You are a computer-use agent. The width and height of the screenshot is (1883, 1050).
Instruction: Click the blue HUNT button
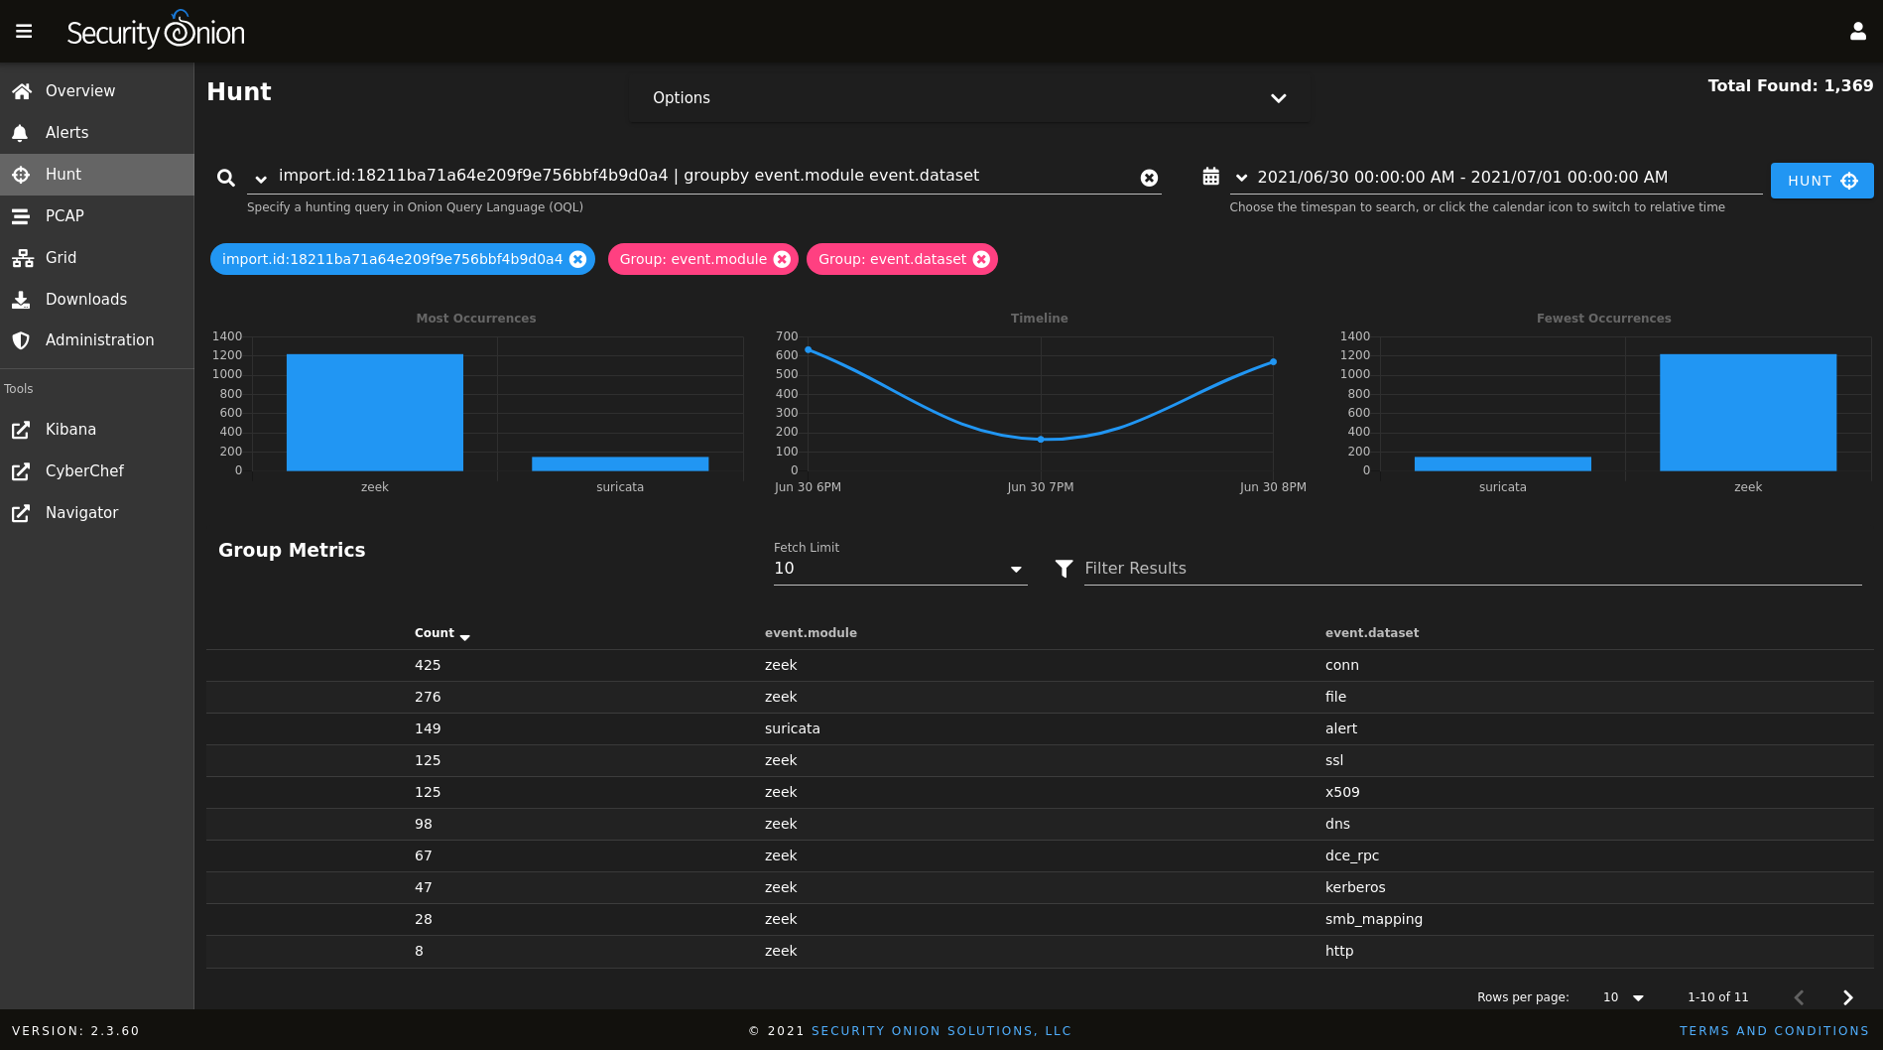point(1821,181)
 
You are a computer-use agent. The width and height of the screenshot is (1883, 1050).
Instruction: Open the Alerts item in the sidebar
point(66,133)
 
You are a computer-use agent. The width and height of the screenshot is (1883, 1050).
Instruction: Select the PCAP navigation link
point(64,216)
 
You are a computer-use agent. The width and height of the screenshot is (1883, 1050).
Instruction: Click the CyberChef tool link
point(84,471)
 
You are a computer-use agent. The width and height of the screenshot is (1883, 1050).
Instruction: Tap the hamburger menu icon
point(24,32)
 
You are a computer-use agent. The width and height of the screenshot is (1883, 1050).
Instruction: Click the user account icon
point(1857,32)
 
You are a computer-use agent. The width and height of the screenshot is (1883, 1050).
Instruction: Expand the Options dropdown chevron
point(1278,98)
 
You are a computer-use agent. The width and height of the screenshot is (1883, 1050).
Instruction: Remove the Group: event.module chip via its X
point(782,259)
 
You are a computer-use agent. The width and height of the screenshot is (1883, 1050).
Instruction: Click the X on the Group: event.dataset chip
point(981,259)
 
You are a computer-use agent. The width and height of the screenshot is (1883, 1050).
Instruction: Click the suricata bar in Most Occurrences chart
point(620,463)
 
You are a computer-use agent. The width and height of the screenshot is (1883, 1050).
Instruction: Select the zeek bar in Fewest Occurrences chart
point(1747,412)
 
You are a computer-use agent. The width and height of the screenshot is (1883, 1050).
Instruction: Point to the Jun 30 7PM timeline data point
point(1041,439)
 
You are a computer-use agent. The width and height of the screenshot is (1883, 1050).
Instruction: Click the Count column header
point(435,633)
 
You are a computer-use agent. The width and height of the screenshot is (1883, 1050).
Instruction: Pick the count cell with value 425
point(428,665)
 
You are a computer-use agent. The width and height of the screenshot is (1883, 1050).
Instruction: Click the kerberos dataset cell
point(1354,887)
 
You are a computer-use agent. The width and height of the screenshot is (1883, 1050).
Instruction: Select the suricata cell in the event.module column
point(792,728)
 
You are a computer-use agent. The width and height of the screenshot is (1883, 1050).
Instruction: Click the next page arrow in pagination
point(1847,997)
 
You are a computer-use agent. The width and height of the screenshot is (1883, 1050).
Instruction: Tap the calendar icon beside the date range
point(1210,177)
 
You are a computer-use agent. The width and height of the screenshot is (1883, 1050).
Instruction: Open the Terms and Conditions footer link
point(1773,1031)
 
